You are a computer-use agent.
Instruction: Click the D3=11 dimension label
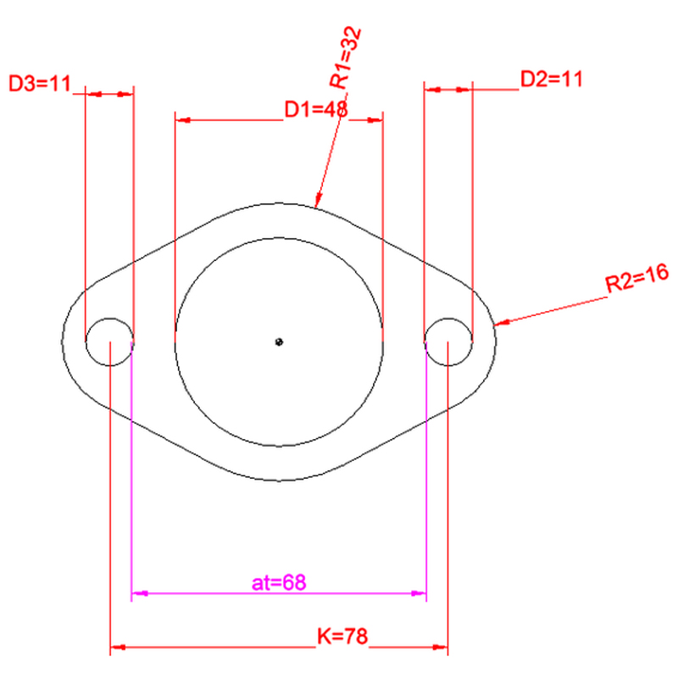click(40, 83)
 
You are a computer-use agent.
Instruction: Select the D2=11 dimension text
click(552, 79)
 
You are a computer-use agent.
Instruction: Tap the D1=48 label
click(316, 109)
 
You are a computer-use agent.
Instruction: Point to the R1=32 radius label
click(345, 58)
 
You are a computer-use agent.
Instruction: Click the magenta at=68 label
click(279, 582)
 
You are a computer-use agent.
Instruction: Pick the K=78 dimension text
click(342, 636)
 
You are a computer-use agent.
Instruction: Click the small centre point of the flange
click(279, 342)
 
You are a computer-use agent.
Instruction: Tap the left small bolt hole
click(110, 342)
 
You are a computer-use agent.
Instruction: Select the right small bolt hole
click(448, 342)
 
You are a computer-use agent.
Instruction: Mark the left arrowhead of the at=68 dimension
click(140, 593)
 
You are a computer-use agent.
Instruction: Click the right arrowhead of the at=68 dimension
click(418, 593)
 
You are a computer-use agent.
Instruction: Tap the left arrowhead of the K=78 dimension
click(119, 647)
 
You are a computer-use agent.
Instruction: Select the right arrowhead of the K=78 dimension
click(440, 647)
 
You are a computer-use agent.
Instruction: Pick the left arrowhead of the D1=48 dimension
click(183, 119)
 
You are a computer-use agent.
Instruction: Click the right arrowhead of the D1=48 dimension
click(375, 119)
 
